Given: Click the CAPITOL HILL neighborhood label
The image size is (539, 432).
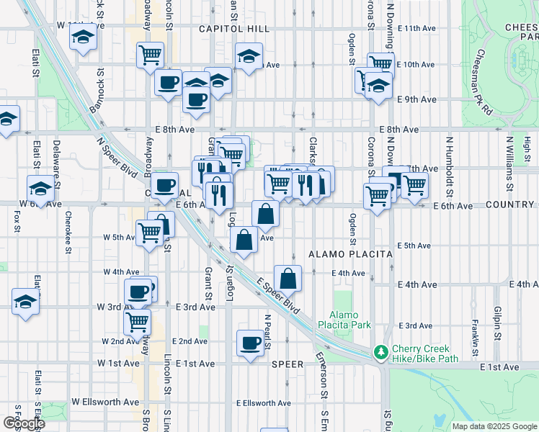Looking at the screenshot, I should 235,29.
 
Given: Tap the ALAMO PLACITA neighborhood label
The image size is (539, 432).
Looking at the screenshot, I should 350,255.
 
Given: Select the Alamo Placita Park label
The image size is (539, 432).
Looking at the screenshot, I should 349,320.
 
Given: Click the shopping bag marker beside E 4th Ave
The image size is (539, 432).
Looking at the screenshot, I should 288,278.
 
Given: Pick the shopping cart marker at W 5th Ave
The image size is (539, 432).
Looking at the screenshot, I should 149,233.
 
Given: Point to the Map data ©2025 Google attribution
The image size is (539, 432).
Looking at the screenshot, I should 494,426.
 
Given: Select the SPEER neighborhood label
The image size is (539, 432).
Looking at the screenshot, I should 287,364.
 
